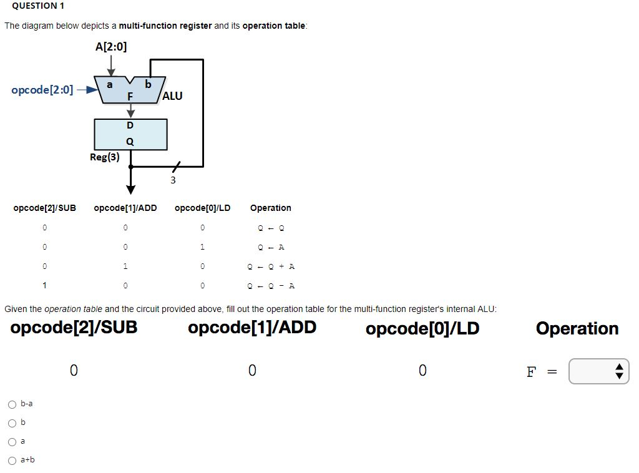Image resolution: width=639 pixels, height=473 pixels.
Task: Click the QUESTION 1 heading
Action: [x=34, y=6]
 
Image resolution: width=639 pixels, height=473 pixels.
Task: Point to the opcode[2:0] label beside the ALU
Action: [x=42, y=90]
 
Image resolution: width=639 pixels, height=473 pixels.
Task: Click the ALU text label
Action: [x=172, y=95]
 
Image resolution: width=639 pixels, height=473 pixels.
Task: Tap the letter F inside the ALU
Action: [x=130, y=96]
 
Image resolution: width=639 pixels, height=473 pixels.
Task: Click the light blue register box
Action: [x=130, y=134]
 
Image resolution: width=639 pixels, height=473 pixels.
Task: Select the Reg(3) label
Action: [x=105, y=157]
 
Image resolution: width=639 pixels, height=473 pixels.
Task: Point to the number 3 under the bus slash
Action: [x=173, y=180]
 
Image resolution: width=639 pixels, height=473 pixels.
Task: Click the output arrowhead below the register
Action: [x=130, y=188]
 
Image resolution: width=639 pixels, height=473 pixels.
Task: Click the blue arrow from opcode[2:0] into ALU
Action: [x=87, y=90]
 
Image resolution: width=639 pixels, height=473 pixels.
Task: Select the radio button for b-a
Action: [x=12, y=404]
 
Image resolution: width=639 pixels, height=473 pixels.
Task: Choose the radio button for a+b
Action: [x=12, y=461]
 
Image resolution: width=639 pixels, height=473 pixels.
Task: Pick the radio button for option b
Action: [x=12, y=423]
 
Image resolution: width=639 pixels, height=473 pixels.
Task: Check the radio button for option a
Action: [x=12, y=442]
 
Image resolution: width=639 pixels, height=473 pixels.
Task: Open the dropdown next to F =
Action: [x=598, y=372]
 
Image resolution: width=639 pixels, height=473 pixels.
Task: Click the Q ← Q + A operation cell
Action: [x=271, y=266]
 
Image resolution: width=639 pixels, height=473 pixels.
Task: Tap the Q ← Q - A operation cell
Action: [x=271, y=286]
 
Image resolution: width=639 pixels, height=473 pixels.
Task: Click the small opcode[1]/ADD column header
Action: [x=125, y=208]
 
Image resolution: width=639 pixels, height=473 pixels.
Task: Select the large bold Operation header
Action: [x=577, y=328]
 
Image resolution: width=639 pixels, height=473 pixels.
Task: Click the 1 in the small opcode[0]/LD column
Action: [x=202, y=247]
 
